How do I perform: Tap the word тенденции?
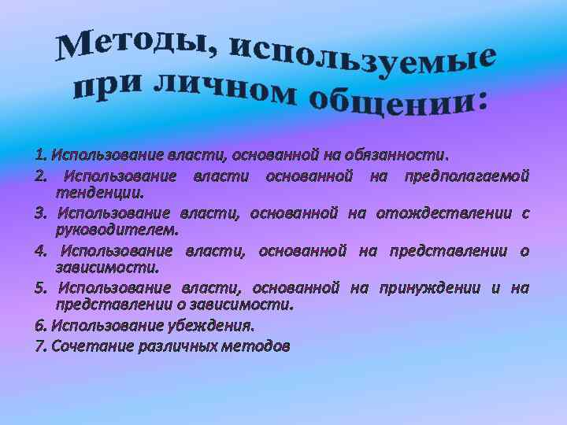point(99,192)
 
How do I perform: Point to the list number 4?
point(41,251)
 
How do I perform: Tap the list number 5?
point(41,288)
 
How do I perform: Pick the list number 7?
point(40,346)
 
